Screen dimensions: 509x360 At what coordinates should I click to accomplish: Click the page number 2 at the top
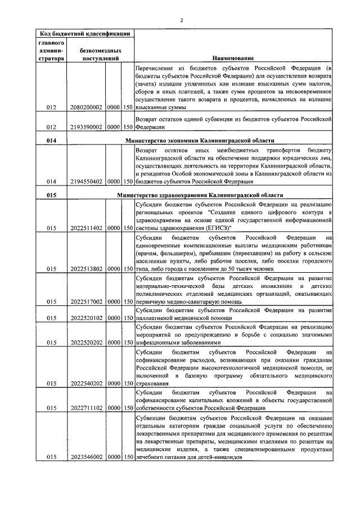181,21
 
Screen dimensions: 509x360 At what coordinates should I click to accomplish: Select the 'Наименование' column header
233,58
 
